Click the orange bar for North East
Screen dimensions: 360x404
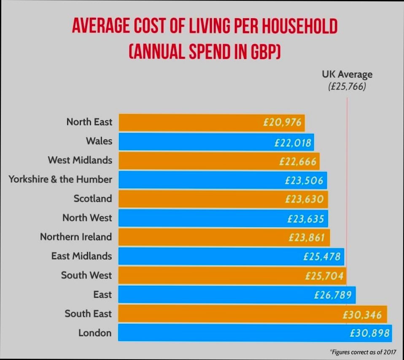click(190, 122)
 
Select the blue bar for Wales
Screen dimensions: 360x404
click(194, 142)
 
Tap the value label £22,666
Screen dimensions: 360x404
click(297, 161)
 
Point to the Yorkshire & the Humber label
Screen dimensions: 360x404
click(60, 179)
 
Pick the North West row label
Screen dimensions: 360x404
click(87, 218)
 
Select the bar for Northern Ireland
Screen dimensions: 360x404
click(202, 237)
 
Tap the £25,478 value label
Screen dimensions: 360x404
click(322, 256)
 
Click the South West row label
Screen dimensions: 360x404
click(86, 275)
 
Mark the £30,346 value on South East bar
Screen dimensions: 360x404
click(362, 315)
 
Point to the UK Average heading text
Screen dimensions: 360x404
click(347, 75)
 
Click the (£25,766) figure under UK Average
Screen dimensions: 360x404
click(347, 87)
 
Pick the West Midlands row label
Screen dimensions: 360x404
click(80, 160)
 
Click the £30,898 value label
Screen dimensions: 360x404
click(369, 333)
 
